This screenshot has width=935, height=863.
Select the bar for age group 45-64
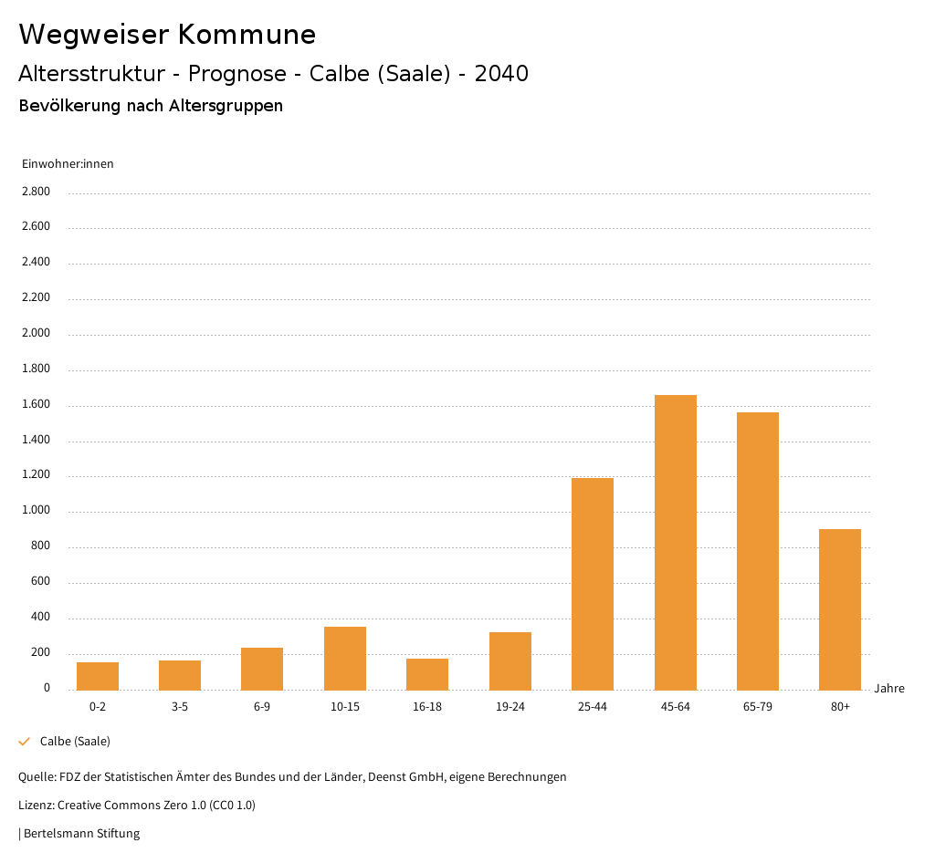coord(675,542)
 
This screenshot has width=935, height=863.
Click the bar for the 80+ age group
coord(839,609)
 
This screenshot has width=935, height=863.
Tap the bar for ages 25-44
coord(593,584)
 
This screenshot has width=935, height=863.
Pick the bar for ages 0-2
coord(98,676)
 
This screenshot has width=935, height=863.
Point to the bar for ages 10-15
coord(345,658)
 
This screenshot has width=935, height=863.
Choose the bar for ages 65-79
coord(757,551)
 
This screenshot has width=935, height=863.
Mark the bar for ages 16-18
coord(427,674)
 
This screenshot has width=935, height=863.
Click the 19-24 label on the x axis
coord(510,707)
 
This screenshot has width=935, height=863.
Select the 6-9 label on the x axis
coord(262,707)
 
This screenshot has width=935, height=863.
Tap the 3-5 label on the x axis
coord(180,707)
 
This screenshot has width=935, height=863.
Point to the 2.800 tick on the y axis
coord(37,192)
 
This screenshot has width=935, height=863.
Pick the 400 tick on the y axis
coord(41,618)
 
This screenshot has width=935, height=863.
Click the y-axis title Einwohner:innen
coord(68,164)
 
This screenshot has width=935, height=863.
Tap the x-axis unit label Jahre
coord(889,689)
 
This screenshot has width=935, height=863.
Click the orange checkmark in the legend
coord(25,742)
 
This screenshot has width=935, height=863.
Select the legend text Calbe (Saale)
coord(75,742)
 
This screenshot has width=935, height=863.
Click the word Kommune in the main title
coord(247,35)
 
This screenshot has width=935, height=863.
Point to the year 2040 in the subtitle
coord(501,74)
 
